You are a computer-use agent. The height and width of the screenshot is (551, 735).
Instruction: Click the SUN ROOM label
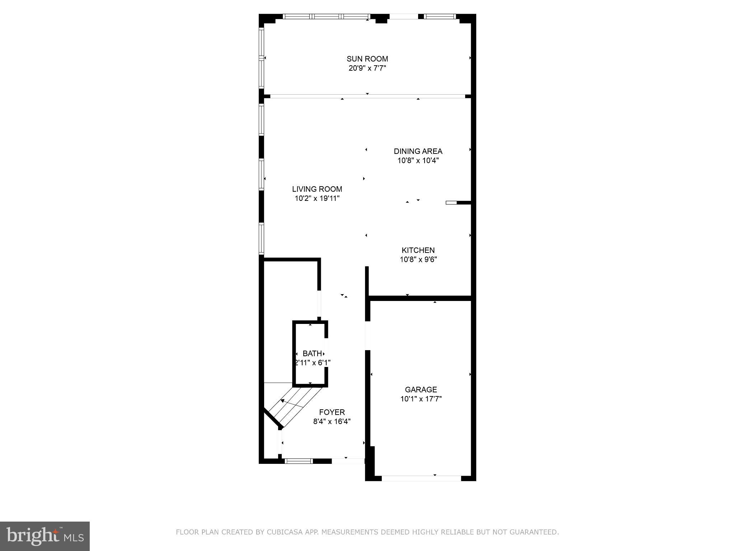click(x=367, y=59)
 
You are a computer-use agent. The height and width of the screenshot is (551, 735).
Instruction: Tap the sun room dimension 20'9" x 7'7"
click(x=367, y=68)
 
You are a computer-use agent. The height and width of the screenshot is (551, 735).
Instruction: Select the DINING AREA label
click(x=418, y=151)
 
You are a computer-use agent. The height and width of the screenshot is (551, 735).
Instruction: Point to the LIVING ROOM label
click(x=317, y=189)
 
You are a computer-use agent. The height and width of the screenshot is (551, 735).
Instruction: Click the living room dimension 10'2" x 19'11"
click(x=317, y=198)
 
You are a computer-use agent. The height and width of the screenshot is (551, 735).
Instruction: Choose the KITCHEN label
click(x=418, y=250)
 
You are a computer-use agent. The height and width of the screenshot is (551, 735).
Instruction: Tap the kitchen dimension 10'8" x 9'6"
click(x=418, y=259)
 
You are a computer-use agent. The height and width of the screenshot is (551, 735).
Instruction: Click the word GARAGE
click(x=421, y=390)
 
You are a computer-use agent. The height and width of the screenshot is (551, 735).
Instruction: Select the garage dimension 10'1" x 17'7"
click(x=421, y=399)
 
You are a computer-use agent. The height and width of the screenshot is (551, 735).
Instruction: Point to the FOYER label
click(x=332, y=413)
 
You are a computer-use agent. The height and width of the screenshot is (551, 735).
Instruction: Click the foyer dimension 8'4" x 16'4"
click(x=332, y=422)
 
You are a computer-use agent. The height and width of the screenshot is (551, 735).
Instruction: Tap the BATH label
click(x=312, y=354)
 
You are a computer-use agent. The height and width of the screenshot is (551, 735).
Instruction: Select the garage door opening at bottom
click(x=421, y=478)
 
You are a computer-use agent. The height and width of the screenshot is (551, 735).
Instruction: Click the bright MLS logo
click(x=45, y=536)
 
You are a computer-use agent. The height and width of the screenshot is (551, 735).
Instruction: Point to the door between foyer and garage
click(x=367, y=335)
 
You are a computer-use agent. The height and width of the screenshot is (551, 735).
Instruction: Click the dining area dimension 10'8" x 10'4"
click(x=418, y=161)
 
